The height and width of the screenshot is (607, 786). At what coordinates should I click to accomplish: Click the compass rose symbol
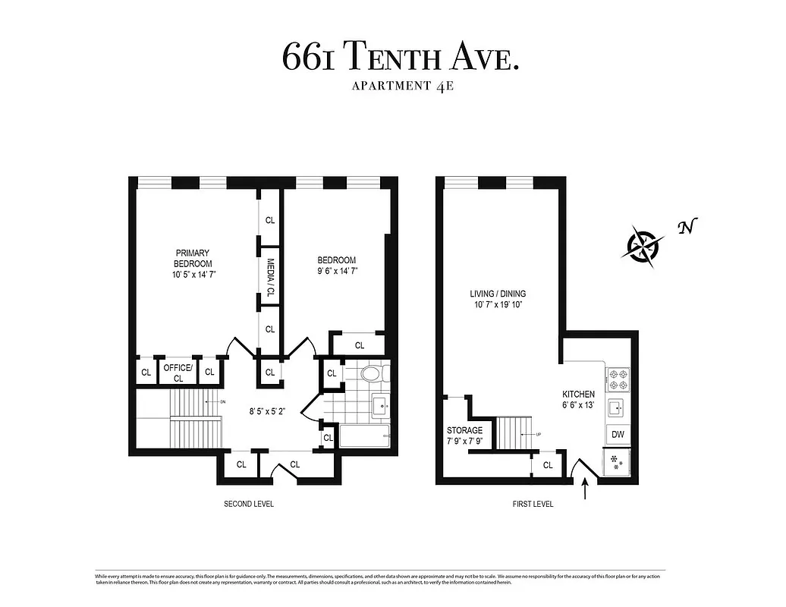tap(643, 244)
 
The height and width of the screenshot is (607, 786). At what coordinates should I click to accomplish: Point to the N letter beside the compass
tap(687, 226)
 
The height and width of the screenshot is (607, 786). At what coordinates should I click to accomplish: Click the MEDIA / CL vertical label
tap(270, 277)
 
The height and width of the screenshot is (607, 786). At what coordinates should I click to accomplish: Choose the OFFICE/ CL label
tap(178, 373)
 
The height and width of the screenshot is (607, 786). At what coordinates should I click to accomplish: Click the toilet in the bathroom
tap(373, 373)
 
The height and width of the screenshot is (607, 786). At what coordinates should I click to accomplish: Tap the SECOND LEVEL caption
tap(248, 504)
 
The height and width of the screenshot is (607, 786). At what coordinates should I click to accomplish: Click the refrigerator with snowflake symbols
tap(616, 463)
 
